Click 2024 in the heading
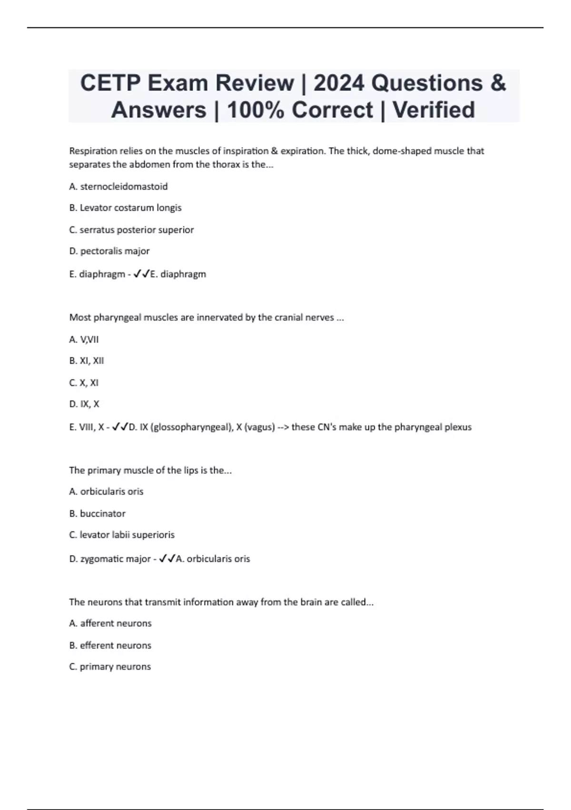click(x=339, y=83)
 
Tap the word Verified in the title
click(x=433, y=110)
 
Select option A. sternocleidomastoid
click(x=118, y=187)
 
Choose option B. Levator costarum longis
click(x=126, y=208)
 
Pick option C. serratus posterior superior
click(x=131, y=230)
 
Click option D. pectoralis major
click(x=109, y=251)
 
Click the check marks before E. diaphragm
click(x=141, y=274)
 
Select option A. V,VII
click(x=84, y=340)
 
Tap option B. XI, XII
click(x=87, y=361)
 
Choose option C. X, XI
click(x=84, y=383)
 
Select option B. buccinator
click(x=98, y=514)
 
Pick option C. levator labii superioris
click(x=122, y=535)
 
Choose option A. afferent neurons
click(x=110, y=623)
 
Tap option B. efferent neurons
click(x=110, y=646)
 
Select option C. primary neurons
click(x=110, y=667)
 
